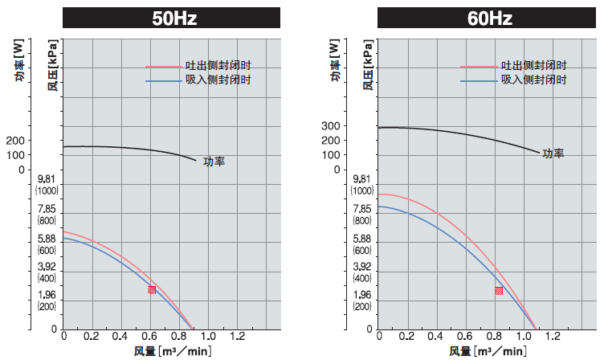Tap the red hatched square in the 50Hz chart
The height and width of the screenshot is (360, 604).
coord(152,289)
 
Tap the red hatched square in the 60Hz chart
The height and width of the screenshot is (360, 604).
coord(499,291)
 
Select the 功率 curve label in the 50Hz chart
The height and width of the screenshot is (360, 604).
coord(214,162)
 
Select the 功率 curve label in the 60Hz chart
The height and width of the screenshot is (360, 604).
coord(553,153)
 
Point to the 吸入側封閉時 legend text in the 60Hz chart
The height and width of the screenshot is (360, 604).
coord(535,80)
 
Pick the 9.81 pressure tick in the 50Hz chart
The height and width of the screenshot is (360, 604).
coord(47,179)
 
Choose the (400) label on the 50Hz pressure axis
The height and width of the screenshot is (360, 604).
coord(47,278)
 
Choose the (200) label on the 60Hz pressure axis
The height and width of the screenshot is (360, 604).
coord(361,306)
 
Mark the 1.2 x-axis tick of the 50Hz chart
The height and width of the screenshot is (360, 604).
coord(239,336)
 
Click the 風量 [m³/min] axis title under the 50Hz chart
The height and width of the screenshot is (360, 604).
coord(172,351)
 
